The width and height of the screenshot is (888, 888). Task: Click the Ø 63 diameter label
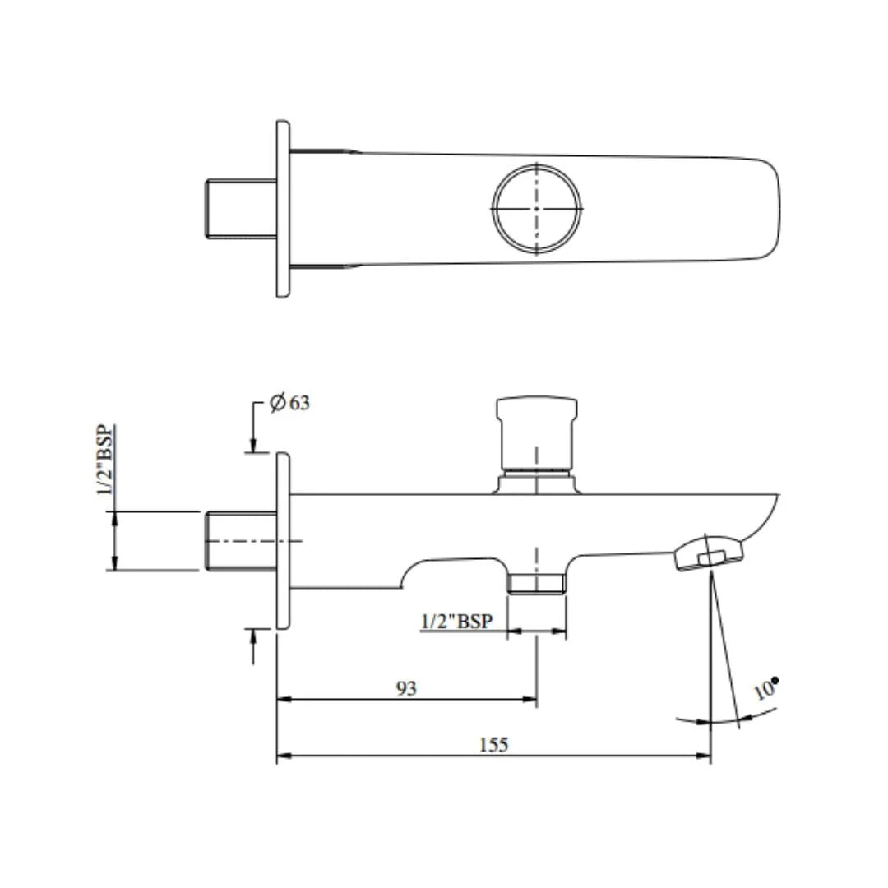290,404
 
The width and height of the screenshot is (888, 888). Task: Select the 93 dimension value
406,688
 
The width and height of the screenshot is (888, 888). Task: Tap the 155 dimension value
493,744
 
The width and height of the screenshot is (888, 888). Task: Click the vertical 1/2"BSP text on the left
106,461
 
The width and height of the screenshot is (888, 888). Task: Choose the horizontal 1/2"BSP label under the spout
456,622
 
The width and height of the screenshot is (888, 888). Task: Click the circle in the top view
536,208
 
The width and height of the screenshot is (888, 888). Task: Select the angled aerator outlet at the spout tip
710,553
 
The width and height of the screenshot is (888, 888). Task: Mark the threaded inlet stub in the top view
239,208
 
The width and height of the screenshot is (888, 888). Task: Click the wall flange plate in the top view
283,208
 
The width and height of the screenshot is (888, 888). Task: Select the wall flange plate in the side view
283,540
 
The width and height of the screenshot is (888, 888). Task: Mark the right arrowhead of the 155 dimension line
705,756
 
